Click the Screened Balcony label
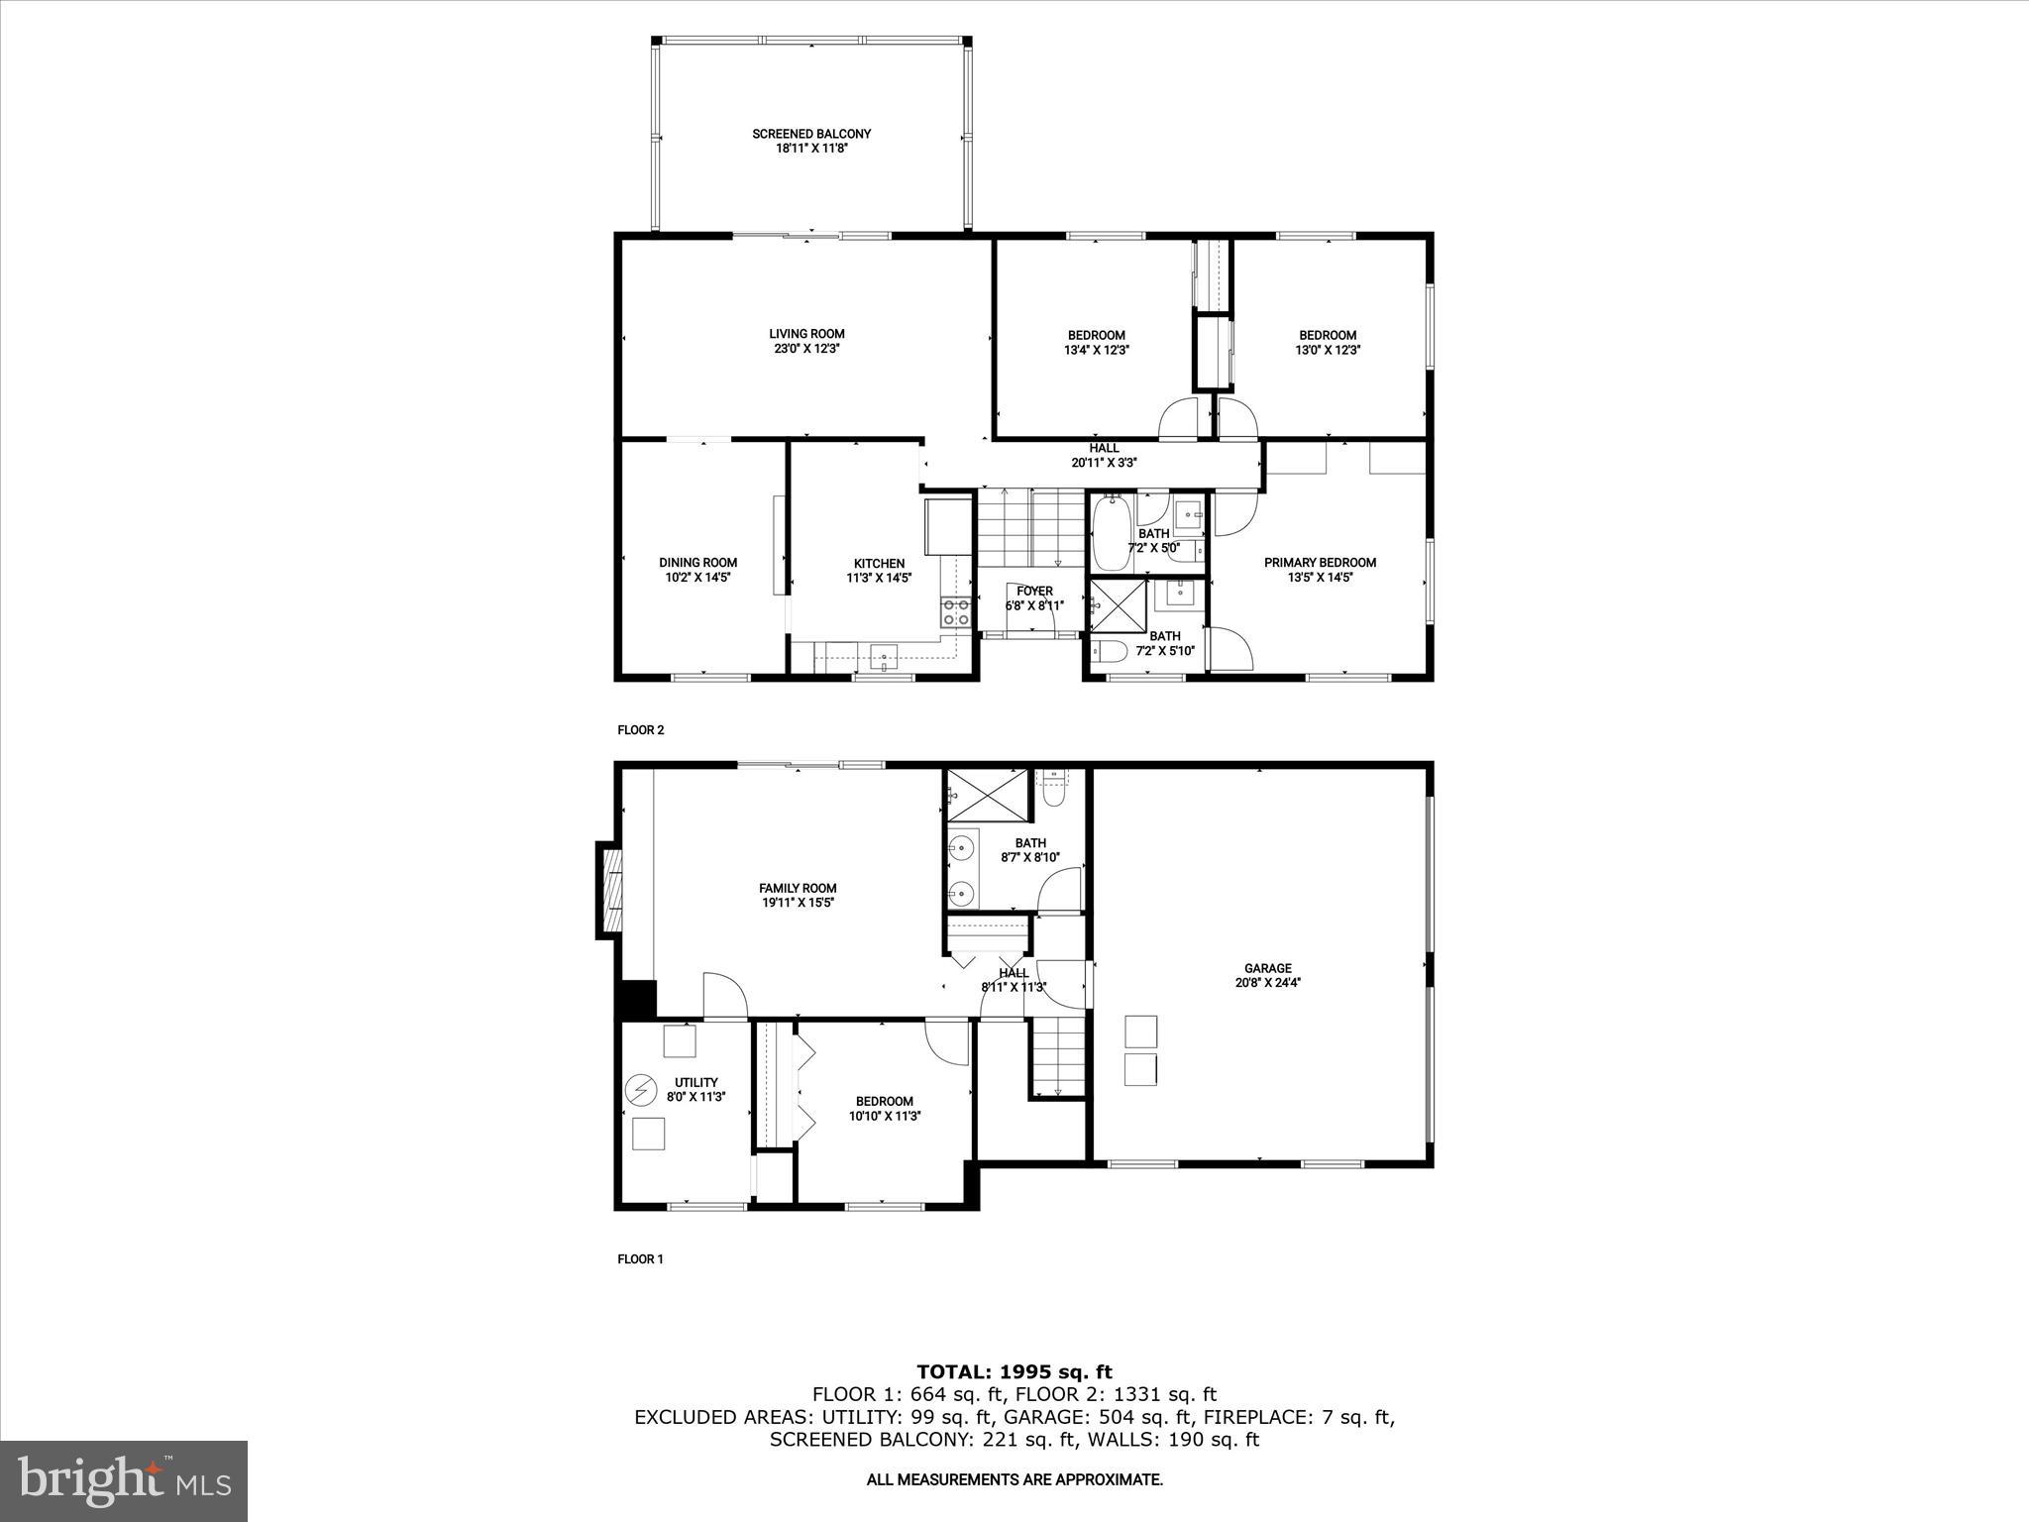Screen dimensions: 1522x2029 pos(810,134)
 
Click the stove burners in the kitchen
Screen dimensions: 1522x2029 pos(956,612)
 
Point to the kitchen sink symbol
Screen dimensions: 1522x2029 pos(884,655)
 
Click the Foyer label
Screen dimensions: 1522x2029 pos(1034,592)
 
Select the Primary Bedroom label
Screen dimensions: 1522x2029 pos(1320,563)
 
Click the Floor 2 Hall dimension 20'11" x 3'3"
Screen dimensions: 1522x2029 pos(1103,463)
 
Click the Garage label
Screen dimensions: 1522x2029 pos(1268,968)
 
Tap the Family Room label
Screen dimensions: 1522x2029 pos(798,888)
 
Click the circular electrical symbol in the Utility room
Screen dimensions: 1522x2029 pos(640,1090)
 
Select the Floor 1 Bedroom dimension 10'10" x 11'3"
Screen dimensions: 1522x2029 pos(885,1116)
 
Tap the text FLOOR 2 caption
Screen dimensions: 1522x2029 pos(640,730)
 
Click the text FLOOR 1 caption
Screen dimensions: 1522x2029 pos(640,1259)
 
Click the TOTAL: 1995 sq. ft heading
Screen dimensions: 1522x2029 pos(1014,1372)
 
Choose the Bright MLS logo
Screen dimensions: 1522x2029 pos(124,1479)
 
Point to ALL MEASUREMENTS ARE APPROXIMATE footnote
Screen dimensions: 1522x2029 pos(1014,1480)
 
